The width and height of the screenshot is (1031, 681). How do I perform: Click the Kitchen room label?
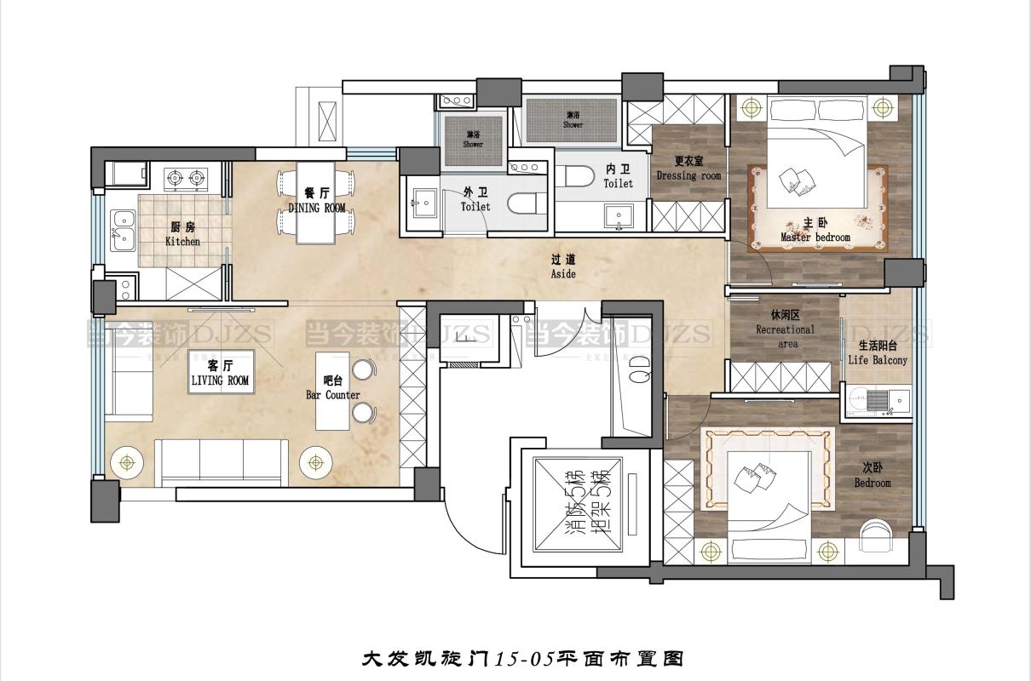point(182,234)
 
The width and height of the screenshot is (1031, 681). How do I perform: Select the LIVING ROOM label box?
point(220,375)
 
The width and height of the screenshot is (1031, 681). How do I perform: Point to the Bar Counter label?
point(333,388)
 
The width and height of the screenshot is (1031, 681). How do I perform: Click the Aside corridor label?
point(563,267)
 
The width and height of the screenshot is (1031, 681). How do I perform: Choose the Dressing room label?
point(688,169)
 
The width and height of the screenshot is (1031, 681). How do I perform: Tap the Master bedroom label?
point(815,231)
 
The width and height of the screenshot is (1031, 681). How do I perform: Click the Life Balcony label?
point(878,353)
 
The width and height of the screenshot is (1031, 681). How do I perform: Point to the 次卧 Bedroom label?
point(872,475)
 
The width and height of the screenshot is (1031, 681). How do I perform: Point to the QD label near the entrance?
point(640,366)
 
